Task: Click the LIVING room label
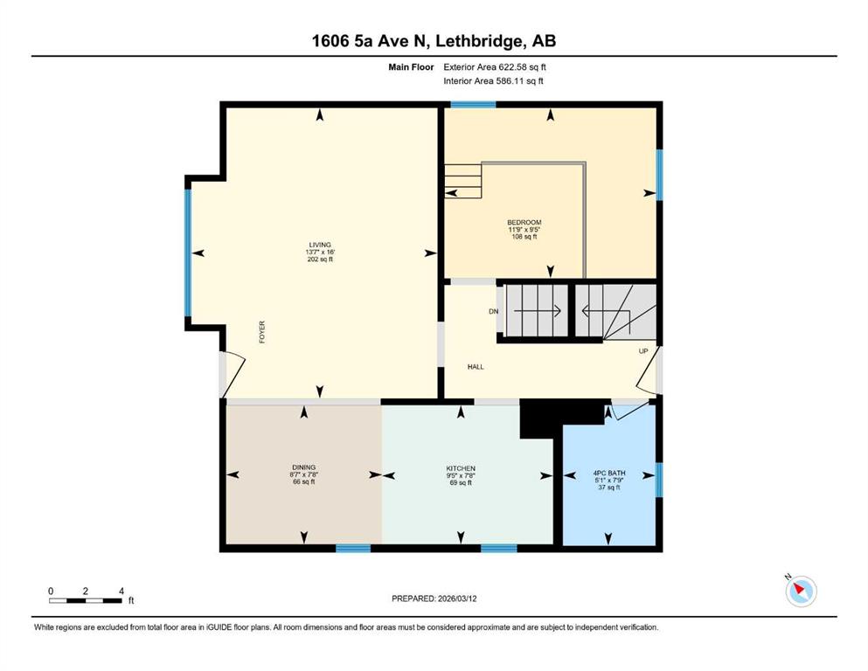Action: tap(320, 245)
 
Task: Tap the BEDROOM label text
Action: tap(524, 223)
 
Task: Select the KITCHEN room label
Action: tap(461, 468)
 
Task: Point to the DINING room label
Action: tap(304, 467)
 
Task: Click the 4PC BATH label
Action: tap(609, 473)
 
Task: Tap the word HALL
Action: tap(476, 367)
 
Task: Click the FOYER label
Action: tap(262, 332)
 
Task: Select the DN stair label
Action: tap(493, 311)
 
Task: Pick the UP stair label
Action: tap(643, 351)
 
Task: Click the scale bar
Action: tap(86, 600)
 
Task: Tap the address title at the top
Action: tap(434, 41)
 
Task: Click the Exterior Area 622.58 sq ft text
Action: tap(495, 67)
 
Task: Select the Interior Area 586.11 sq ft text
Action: tap(493, 80)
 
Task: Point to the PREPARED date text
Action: tap(434, 598)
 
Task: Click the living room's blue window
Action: tap(188, 252)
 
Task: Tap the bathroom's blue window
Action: tap(659, 480)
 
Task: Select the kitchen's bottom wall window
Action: tap(499, 548)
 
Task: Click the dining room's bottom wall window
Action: tap(353, 548)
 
